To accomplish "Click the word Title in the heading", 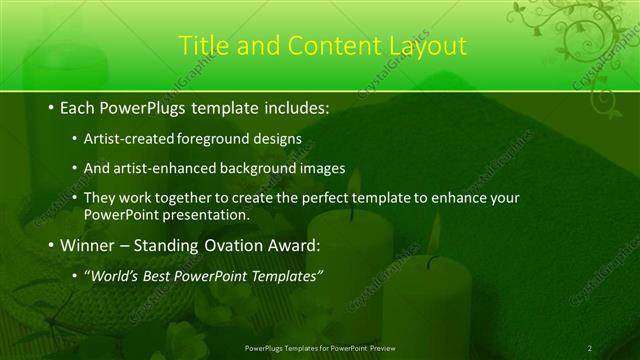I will [204, 46].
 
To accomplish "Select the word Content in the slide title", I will [329, 46].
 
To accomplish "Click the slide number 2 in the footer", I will [590, 347].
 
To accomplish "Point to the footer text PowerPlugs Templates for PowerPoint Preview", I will [319, 347].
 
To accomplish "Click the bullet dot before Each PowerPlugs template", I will [51, 106].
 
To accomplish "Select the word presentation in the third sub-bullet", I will [200, 214].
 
